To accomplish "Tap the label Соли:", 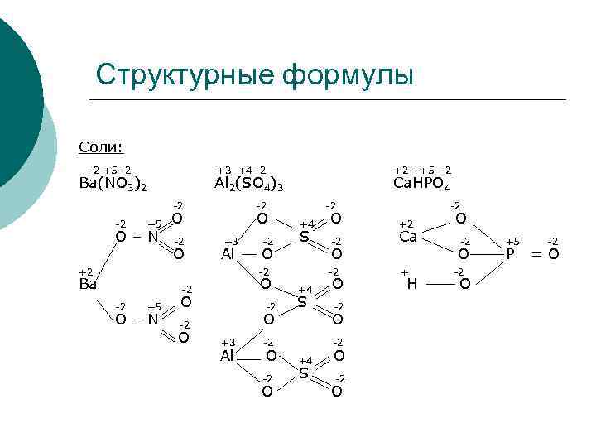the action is click(x=100, y=147).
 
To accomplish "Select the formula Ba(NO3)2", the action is click(x=112, y=184).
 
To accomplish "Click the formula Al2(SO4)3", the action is click(x=248, y=184).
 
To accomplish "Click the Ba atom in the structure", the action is click(x=88, y=284).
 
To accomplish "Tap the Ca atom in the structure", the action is click(x=407, y=237).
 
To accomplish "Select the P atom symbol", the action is click(x=511, y=254).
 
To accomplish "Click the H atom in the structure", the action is click(x=411, y=285).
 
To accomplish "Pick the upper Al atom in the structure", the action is click(x=229, y=254).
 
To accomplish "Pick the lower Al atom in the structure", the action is click(x=228, y=356).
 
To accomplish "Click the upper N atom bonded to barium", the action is click(x=152, y=237).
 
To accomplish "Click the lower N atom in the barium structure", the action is click(x=152, y=320).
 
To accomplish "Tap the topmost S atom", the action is click(x=304, y=238).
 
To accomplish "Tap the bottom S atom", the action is click(x=304, y=374).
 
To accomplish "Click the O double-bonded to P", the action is click(x=554, y=254).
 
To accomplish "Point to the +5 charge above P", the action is click(x=513, y=240).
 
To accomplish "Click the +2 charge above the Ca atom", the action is click(x=406, y=223).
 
